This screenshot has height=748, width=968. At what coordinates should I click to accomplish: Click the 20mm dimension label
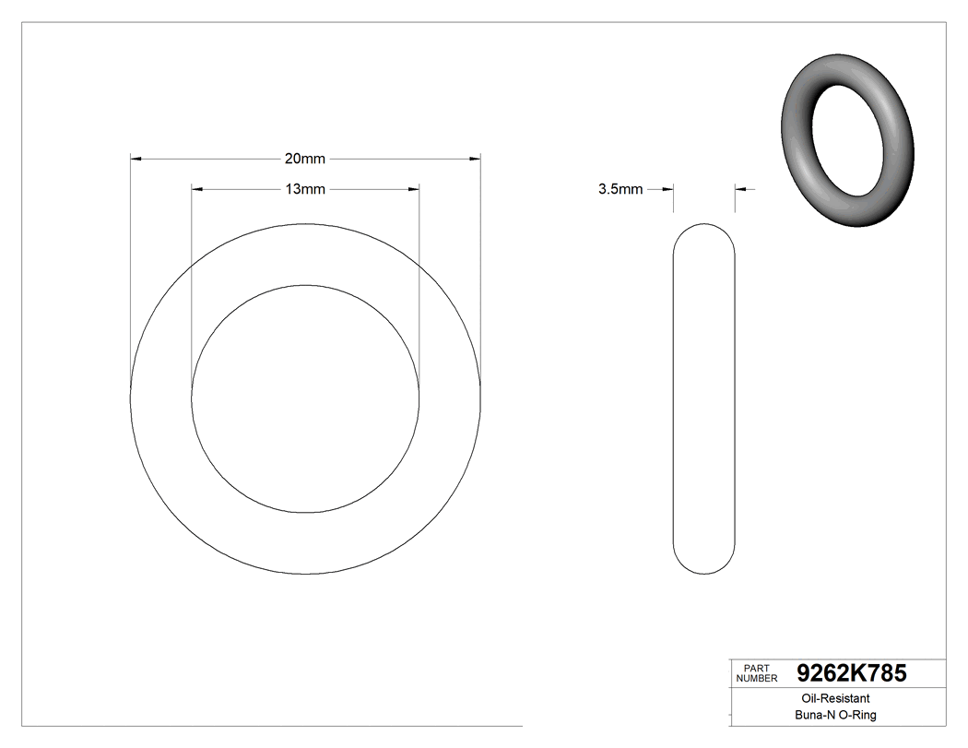pyautogui.click(x=304, y=160)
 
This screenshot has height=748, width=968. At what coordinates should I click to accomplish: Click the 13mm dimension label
pyautogui.click(x=304, y=190)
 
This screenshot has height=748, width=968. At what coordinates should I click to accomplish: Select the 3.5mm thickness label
pyautogui.click(x=620, y=190)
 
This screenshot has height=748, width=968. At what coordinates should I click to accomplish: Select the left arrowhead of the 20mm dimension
pyautogui.click(x=136, y=160)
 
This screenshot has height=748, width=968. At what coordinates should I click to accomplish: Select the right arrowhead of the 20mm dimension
pyautogui.click(x=476, y=160)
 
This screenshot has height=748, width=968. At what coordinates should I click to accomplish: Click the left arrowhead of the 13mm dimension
pyautogui.click(x=196, y=190)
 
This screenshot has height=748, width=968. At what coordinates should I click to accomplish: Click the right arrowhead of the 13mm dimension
pyautogui.click(x=414, y=190)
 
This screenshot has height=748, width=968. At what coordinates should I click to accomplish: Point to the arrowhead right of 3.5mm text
pyautogui.click(x=668, y=190)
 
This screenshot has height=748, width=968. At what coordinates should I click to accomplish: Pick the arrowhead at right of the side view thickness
pyautogui.click(x=740, y=190)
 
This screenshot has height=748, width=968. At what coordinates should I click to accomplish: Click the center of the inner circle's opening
pyautogui.click(x=305, y=398)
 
